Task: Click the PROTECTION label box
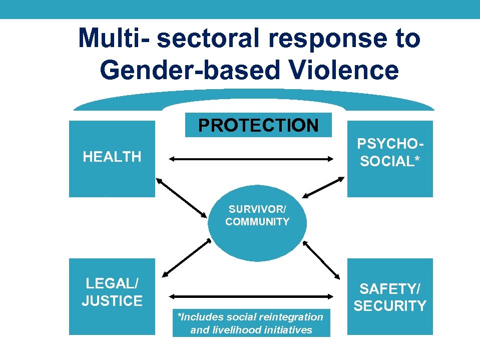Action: [258, 125]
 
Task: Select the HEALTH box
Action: [112, 158]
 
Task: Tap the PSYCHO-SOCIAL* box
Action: [390, 158]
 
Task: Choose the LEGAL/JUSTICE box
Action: [112, 296]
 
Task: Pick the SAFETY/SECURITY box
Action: [390, 296]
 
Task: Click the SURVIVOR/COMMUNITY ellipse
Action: [257, 225]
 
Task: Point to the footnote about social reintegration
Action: [251, 323]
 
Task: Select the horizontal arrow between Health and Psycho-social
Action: [251, 159]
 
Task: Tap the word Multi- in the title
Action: [113, 38]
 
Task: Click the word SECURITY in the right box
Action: [390, 305]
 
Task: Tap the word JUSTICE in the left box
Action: [112, 300]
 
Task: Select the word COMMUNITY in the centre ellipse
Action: [257, 222]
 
